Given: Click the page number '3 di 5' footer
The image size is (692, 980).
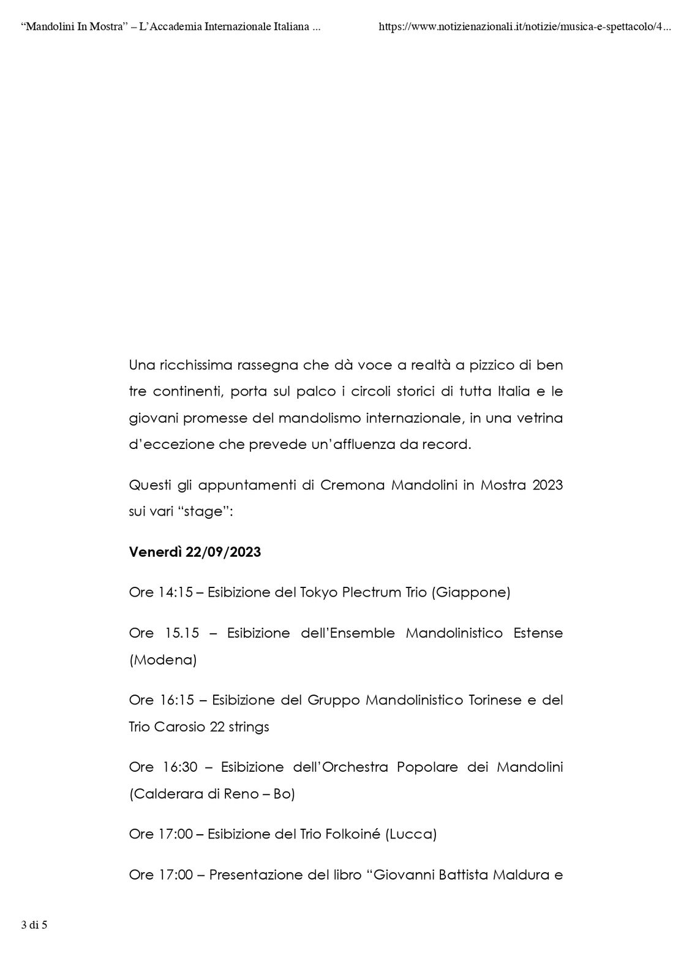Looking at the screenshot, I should pyautogui.click(x=34, y=925).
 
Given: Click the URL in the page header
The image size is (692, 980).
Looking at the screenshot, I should pyautogui.click(x=525, y=27).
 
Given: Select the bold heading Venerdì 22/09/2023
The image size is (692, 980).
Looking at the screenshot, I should pyautogui.click(x=195, y=552).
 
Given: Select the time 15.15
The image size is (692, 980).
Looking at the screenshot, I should pyautogui.click(x=182, y=633).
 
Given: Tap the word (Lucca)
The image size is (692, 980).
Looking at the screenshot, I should pyautogui.click(x=411, y=834).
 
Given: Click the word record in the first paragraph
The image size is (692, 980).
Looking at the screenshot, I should pyautogui.click(x=448, y=445).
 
